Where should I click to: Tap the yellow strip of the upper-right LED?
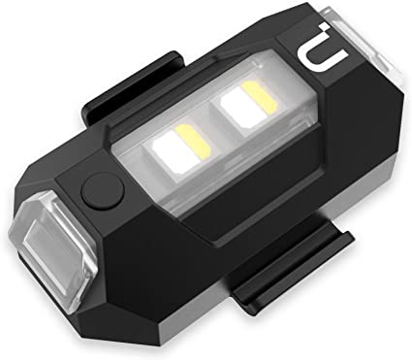261,98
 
